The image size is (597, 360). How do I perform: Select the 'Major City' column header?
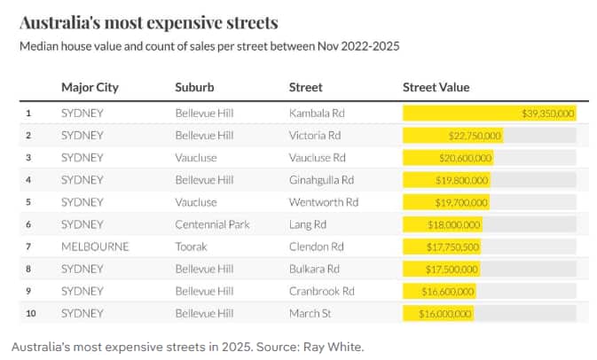click(x=90, y=88)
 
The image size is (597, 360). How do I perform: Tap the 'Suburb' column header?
click(x=194, y=88)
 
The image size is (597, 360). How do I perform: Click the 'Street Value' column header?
click(x=436, y=88)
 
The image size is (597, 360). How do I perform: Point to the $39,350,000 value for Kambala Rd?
click(x=548, y=113)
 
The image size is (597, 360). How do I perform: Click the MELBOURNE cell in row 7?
click(x=95, y=247)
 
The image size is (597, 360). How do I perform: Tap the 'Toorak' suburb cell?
click(x=192, y=247)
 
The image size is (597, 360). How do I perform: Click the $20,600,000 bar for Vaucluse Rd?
click(x=448, y=158)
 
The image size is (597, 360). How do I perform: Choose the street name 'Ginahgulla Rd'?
click(x=321, y=180)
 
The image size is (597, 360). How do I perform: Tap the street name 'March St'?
click(x=310, y=314)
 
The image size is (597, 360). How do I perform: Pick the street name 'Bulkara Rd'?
click(x=314, y=269)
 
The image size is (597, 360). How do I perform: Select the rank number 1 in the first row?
click(x=28, y=113)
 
